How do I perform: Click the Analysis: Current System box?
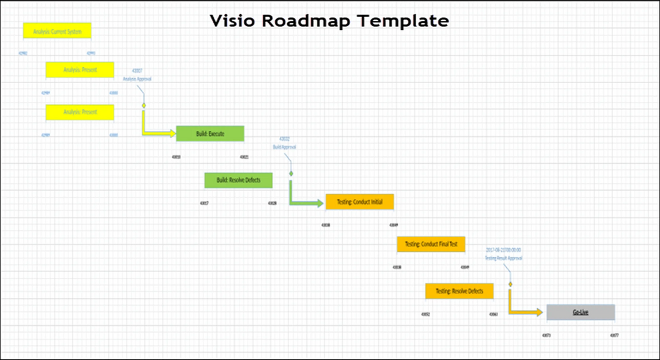pos(57,31)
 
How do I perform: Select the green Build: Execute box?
pos(210,133)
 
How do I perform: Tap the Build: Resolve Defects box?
pos(238,180)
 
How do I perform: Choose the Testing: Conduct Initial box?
pos(359,202)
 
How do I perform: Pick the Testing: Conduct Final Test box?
pos(431,244)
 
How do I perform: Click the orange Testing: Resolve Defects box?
pos(459,291)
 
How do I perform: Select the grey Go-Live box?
pos(581,312)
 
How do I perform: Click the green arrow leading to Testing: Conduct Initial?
pos(306,203)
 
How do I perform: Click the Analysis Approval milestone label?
pos(137,79)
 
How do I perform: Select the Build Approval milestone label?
pos(284,147)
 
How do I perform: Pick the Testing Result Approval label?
pos(504,258)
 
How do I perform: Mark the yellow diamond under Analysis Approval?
pos(144,106)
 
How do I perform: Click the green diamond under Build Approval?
pos(291,174)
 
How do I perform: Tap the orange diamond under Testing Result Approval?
pos(510,284)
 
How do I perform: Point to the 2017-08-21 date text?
pos(504,250)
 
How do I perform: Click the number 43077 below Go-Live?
pos(614,335)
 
